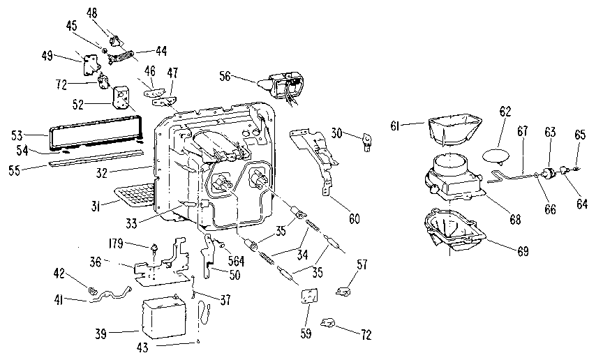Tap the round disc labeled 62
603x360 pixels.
[x=501, y=153]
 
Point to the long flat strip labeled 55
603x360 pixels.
[x=98, y=160]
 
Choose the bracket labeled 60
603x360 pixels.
[x=318, y=157]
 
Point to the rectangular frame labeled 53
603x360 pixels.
[x=94, y=133]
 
